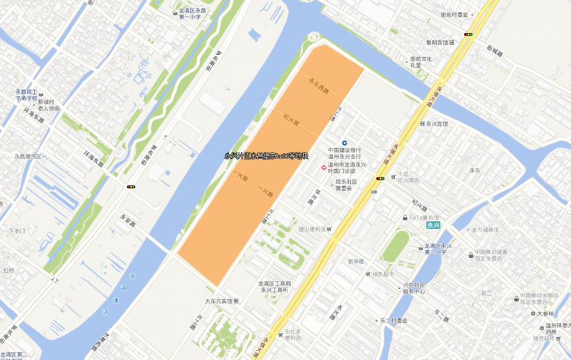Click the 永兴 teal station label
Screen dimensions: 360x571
(x=433, y=225)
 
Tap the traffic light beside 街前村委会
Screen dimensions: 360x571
(x=468, y=34)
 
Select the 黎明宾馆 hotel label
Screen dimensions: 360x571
(x=439, y=42)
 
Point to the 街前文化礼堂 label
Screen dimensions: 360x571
(x=421, y=62)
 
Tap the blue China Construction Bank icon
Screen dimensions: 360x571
(x=345, y=143)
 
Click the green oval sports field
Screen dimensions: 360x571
(x=396, y=246)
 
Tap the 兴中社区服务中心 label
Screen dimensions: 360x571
(x=414, y=288)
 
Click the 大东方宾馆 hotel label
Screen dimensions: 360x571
(x=222, y=301)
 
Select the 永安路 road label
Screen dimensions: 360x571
(x=128, y=219)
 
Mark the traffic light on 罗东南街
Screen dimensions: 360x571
(x=130, y=186)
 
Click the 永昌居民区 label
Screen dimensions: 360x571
(x=28, y=156)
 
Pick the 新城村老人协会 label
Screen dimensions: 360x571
(x=48, y=105)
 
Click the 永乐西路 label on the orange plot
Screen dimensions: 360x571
(x=319, y=86)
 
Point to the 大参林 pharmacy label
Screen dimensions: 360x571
(x=545, y=314)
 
